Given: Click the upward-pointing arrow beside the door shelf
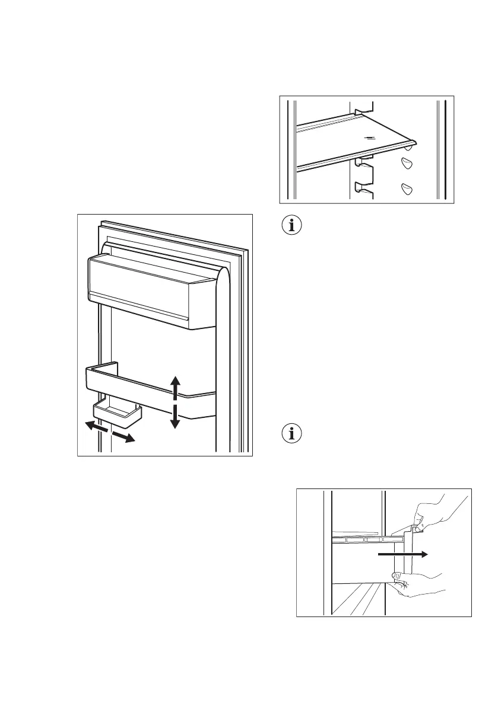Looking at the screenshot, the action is point(175,385).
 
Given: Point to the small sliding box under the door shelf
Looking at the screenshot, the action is point(117,413).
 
